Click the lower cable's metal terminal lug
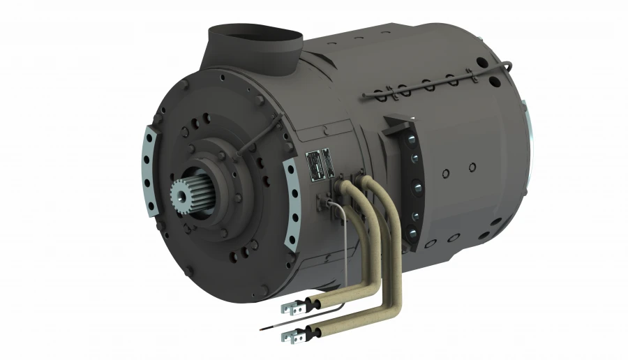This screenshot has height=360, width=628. [290, 336]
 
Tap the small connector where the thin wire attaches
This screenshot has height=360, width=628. [324, 204]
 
